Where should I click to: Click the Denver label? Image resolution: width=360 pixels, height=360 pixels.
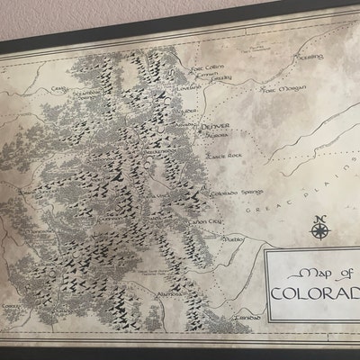tap(216, 126)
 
